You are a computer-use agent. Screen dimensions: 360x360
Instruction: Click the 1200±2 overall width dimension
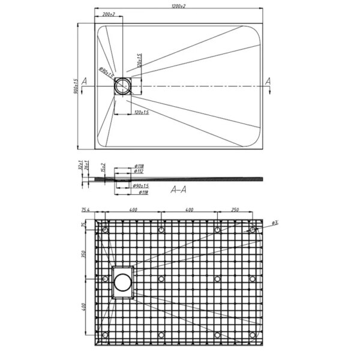coord(177,5)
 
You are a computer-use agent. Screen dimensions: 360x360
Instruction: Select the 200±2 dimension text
coord(108,14)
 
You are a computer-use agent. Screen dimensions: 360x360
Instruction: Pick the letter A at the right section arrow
coord(268,81)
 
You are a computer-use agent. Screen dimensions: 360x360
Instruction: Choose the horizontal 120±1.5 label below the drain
coord(141,112)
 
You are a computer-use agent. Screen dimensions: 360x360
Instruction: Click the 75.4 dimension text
coord(85,210)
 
